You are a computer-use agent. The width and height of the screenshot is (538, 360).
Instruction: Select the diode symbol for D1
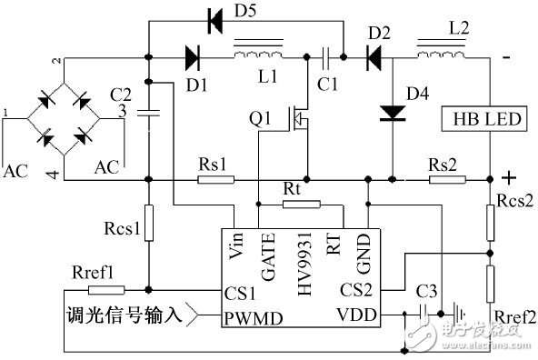[x=192, y=57]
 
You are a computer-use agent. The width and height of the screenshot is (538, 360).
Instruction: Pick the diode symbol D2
[x=374, y=57]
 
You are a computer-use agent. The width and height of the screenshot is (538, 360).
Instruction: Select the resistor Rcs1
[x=148, y=223]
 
